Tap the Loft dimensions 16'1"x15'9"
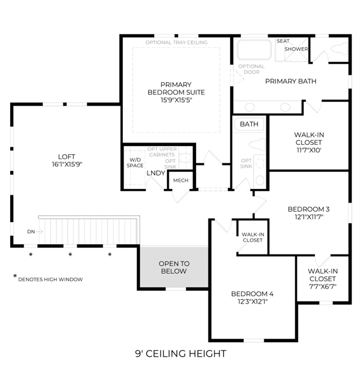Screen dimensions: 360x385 67,164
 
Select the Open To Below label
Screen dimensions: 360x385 174,267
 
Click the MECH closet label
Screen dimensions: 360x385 181,180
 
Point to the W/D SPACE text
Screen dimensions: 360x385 135,163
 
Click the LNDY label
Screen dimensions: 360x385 156,173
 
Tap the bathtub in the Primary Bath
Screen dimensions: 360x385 254,50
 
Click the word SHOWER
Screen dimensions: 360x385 296,49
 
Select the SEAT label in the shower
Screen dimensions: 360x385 283,41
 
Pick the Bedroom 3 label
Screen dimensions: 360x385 309,209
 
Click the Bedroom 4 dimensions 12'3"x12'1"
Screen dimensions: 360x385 252,301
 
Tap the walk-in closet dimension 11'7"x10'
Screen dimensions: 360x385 309,150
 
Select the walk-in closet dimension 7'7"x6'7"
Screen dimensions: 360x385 323,286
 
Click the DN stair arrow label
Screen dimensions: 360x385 31,232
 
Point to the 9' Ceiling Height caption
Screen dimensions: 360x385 181,353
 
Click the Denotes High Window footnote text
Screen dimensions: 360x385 50,280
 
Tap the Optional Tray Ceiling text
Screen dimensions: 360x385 176,42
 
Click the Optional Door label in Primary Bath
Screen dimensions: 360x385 251,69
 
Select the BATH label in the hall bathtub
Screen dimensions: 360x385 249,124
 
